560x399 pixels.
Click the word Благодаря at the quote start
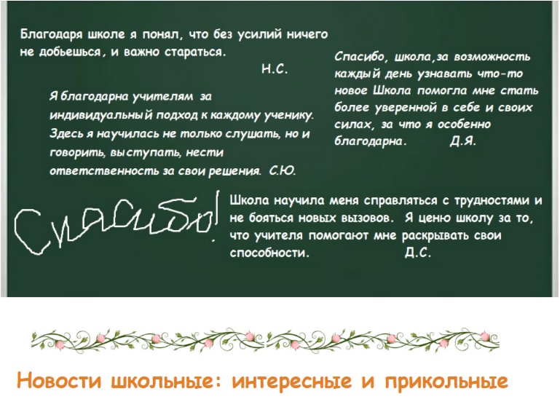point(52,35)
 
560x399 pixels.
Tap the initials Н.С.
point(275,69)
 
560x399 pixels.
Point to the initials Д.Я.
point(463,141)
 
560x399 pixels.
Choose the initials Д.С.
point(418,253)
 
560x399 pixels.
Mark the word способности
point(269,253)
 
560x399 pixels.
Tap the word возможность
point(492,57)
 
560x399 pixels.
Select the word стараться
point(195,52)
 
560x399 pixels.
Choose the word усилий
point(256,35)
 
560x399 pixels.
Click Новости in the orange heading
point(59,381)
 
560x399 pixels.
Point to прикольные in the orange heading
point(446,382)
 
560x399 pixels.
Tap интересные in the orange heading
point(292,382)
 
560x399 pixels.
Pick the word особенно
point(464,125)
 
